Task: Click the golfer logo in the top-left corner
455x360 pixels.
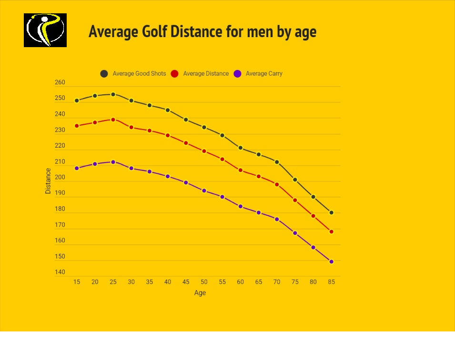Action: click(45, 30)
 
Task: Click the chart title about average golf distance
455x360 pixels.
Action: click(202, 31)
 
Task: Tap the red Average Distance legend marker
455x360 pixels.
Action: click(174, 74)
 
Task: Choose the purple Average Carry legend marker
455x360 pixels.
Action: click(237, 74)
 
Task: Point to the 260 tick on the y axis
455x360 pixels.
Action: click(60, 82)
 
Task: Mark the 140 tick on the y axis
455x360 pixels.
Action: click(60, 272)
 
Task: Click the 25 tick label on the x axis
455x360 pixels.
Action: click(113, 282)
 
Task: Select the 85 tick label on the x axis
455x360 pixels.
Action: click(332, 282)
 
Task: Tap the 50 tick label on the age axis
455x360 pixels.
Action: click(204, 282)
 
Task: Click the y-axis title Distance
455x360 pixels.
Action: click(48, 181)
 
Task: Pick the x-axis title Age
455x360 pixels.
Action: click(200, 293)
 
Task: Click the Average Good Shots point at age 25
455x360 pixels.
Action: click(113, 94)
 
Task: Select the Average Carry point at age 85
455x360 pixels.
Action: click(332, 261)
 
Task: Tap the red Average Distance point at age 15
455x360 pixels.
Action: click(77, 126)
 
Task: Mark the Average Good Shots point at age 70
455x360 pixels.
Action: click(277, 162)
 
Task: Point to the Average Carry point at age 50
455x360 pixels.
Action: click(204, 190)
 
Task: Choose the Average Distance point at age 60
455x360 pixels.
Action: click(241, 170)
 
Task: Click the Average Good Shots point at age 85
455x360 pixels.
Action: click(332, 212)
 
